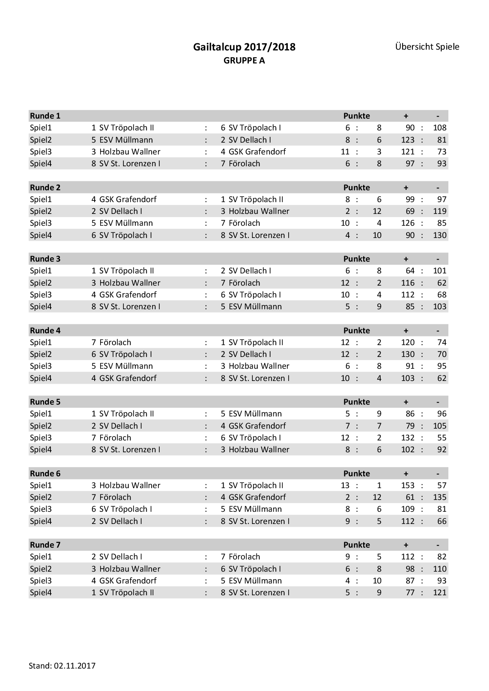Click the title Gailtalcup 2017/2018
tap(244, 47)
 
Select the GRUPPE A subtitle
tap(244, 61)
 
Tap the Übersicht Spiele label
tap(427, 47)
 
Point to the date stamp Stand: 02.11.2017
tap(62, 666)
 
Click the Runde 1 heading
tap(45, 116)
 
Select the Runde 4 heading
tap(45, 331)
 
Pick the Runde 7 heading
tap(45, 545)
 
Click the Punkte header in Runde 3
tap(356, 259)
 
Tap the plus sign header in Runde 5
tap(406, 402)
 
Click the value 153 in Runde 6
tap(408, 485)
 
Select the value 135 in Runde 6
tap(440, 497)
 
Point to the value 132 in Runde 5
tap(408, 438)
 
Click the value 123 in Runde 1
tap(408, 140)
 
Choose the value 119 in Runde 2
tap(440, 211)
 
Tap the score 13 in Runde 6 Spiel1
tap(345, 485)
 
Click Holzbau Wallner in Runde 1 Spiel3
tap(130, 152)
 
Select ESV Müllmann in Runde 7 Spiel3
tap(255, 581)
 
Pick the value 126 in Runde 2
tap(408, 223)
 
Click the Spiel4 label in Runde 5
tap(41, 450)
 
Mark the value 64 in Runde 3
tap(410, 271)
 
